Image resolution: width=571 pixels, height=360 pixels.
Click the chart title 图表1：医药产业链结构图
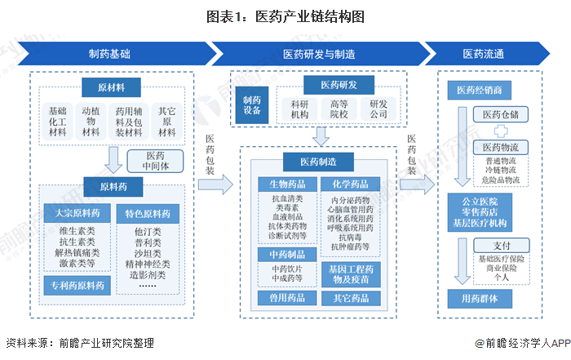pyautogui.click(x=285, y=16)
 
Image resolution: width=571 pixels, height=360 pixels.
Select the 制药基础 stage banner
pyautogui.click(x=108, y=54)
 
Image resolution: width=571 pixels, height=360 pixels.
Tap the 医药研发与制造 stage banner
pyautogui.click(x=318, y=54)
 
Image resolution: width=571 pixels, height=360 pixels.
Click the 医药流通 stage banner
pyautogui.click(x=484, y=54)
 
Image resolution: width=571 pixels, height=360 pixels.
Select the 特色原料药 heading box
pyautogui.click(x=148, y=214)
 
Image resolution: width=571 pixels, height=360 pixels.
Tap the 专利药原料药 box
pyautogui.click(x=74, y=285)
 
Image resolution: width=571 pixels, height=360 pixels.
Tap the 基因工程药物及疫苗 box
pyautogui.click(x=349, y=273)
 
